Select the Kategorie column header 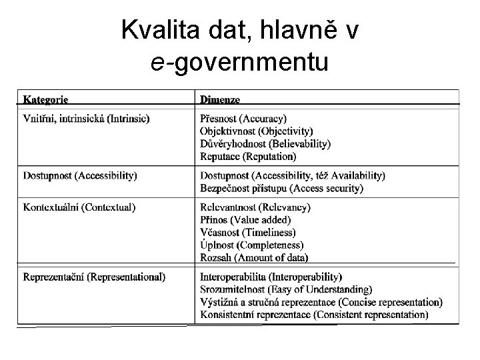pyautogui.click(x=45, y=99)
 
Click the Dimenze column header pyautogui.click(x=220, y=99)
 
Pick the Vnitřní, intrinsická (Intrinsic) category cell pyautogui.click(x=87, y=119)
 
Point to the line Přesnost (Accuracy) pyautogui.click(x=243, y=119)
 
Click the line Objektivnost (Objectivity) pyautogui.click(x=256, y=131)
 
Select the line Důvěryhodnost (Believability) pyautogui.click(x=265, y=144)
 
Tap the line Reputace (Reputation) pyautogui.click(x=247, y=157)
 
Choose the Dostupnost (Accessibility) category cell pyautogui.click(x=80, y=176)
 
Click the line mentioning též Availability pyautogui.click(x=292, y=176)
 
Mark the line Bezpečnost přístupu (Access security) pyautogui.click(x=281, y=189)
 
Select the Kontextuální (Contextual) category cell pyautogui.click(x=79, y=207)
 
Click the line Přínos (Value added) pyautogui.click(x=245, y=220)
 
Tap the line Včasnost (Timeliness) pyautogui.click(x=247, y=233)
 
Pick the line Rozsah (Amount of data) pyautogui.click(x=254, y=258)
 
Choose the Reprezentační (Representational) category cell pyautogui.click(x=95, y=277)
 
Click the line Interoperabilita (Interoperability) pyautogui.click(x=271, y=277)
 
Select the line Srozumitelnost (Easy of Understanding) pyautogui.click(x=286, y=289)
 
